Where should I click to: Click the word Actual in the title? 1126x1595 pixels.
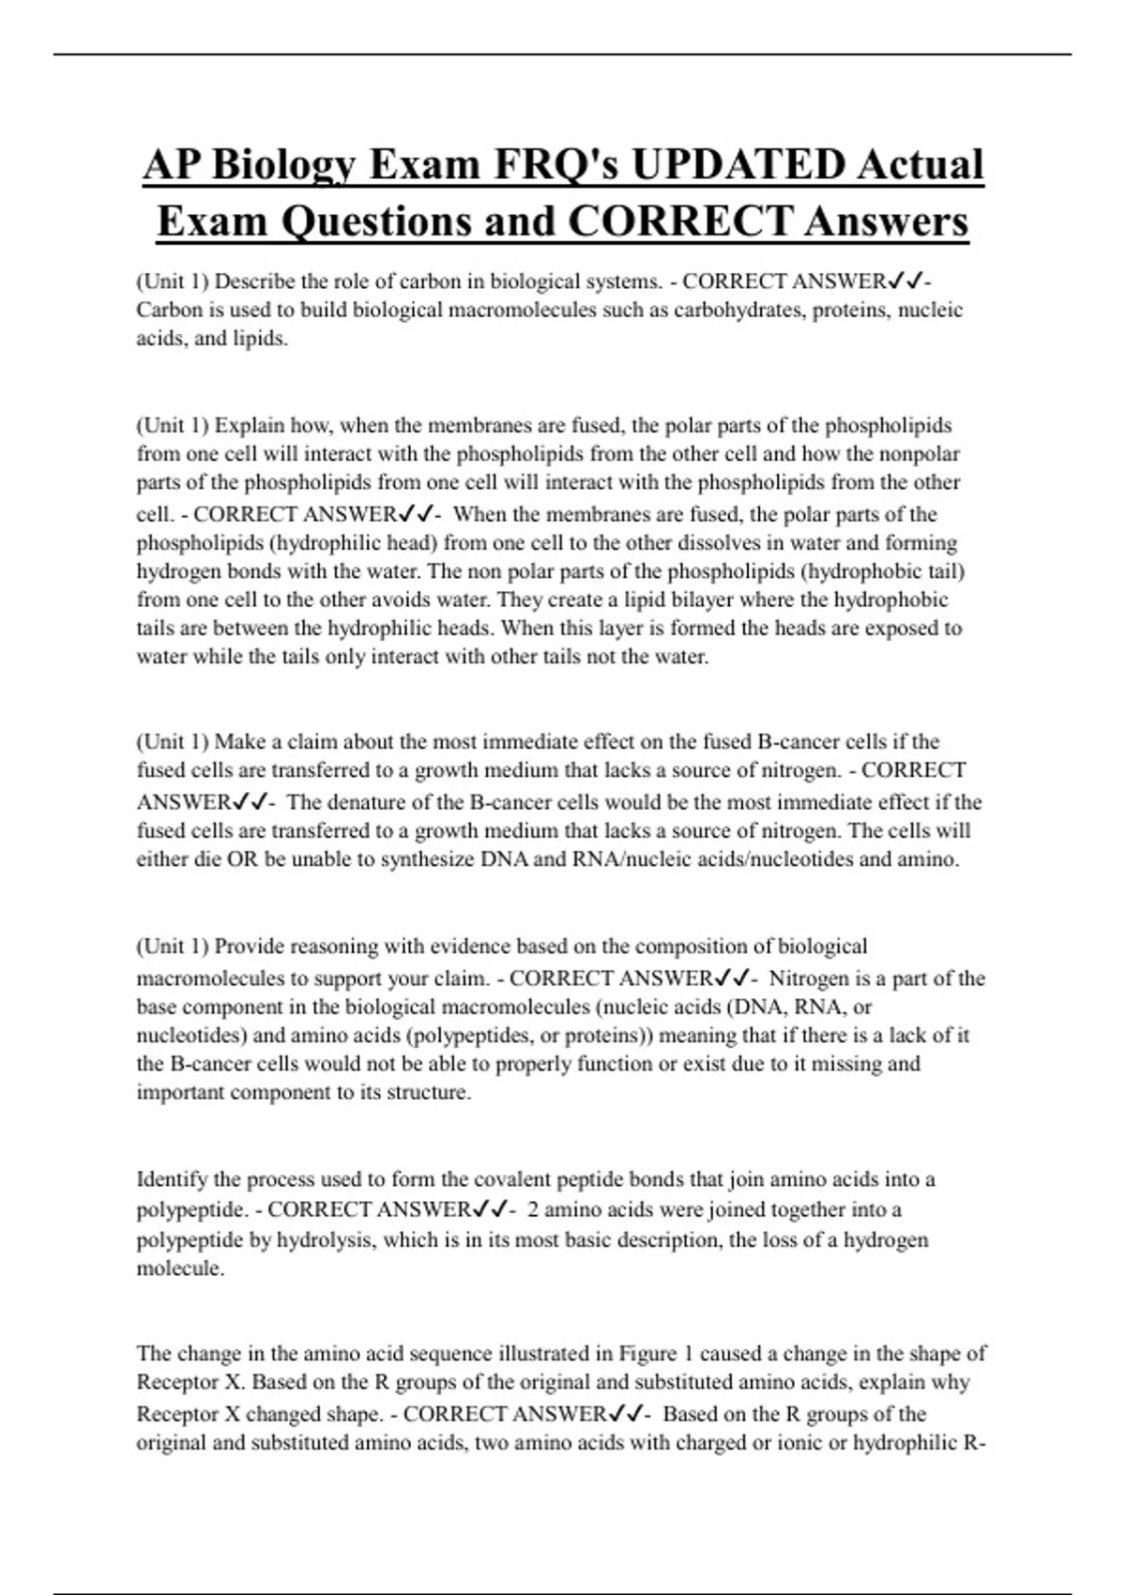[921, 165]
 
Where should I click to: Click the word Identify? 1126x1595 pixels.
[172, 1179]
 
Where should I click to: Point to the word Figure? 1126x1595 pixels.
[647, 1354]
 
